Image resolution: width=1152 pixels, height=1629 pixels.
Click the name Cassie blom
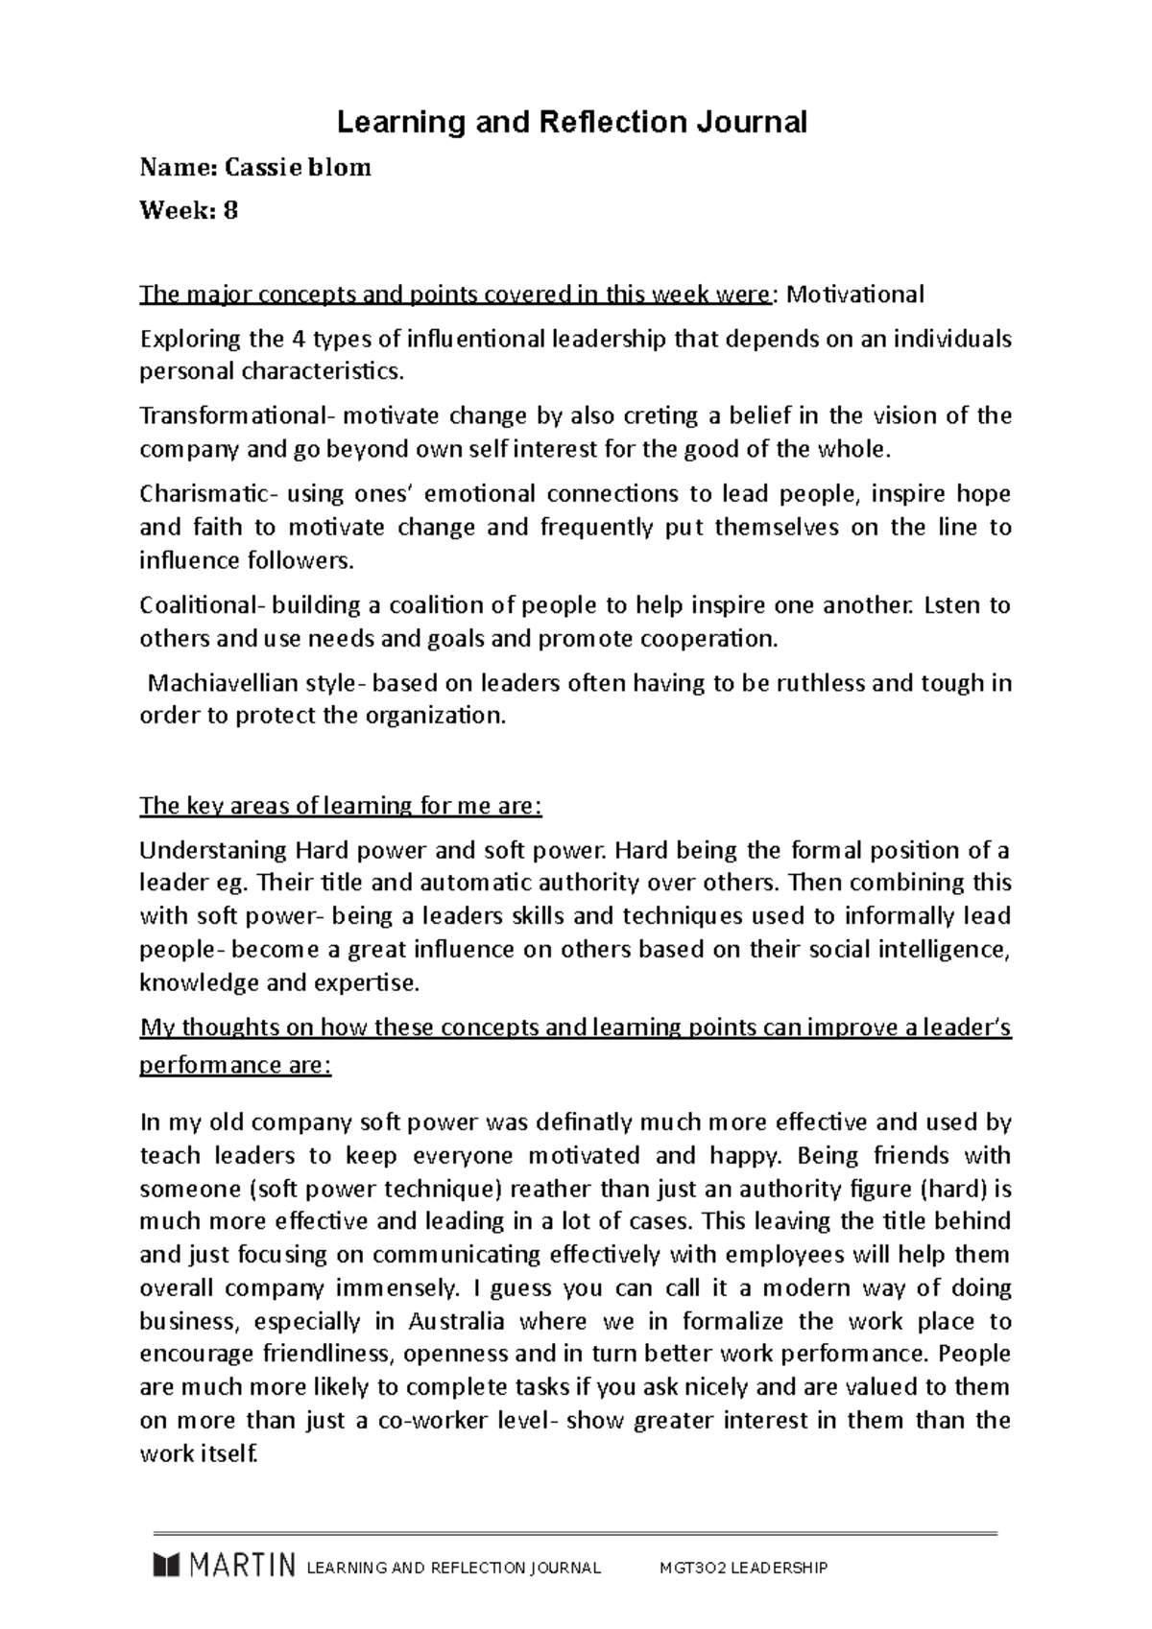tap(298, 168)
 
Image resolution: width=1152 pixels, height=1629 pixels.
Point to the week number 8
tap(230, 210)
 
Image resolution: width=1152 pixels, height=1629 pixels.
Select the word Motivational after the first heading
tap(855, 295)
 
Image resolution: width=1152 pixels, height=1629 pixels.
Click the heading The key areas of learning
tap(341, 806)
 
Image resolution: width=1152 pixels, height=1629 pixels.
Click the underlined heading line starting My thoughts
tap(575, 1028)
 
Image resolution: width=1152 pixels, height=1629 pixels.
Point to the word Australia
tap(456, 1321)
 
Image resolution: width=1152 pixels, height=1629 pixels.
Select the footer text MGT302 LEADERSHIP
tap(742, 1568)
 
